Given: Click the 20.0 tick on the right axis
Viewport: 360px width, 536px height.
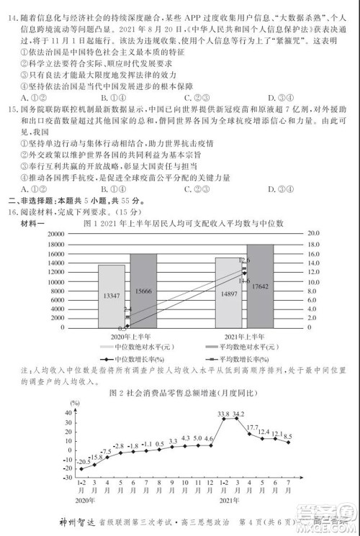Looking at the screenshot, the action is click(314, 234).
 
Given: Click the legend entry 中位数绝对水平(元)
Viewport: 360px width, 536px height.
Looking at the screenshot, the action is click(141, 347).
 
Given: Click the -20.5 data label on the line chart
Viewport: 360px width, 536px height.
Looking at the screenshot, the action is click(84, 460).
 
